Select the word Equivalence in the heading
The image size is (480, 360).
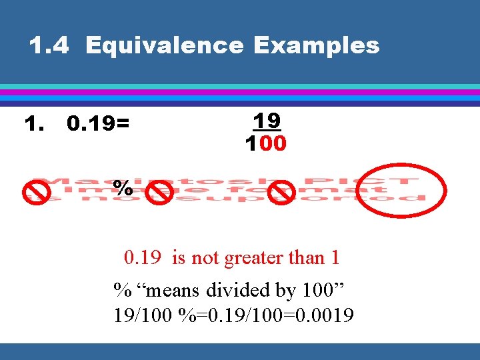(165, 45)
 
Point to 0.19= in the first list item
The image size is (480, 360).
(99, 124)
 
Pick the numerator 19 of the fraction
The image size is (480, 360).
(267, 121)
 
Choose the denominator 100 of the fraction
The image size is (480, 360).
(266, 143)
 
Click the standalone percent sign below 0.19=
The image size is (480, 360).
(123, 187)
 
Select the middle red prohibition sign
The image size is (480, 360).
(161, 193)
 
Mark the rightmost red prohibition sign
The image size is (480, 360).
(285, 193)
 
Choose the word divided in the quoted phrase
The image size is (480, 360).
(237, 291)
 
